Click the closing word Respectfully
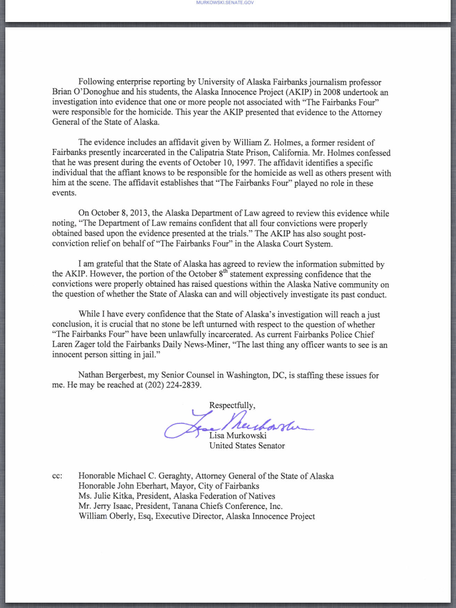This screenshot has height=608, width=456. (x=232, y=406)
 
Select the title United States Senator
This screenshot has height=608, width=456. (x=247, y=446)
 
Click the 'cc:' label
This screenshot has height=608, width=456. (x=58, y=476)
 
